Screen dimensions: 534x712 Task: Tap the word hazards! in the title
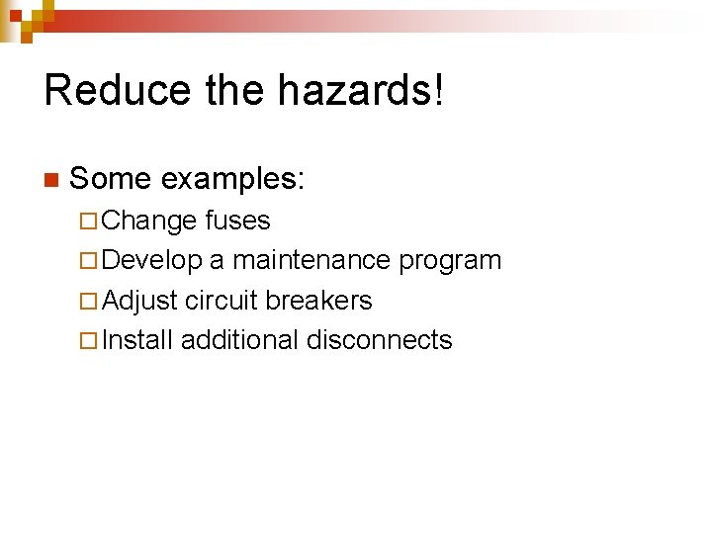click(361, 90)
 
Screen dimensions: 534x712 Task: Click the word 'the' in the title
click(235, 90)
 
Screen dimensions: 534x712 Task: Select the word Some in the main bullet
click(110, 179)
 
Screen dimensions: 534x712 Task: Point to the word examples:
click(233, 179)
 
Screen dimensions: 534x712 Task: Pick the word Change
click(149, 221)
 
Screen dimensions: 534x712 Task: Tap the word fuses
click(237, 221)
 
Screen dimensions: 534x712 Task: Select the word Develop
click(152, 260)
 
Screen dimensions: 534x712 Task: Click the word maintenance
click(311, 260)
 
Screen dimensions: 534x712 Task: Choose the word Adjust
click(139, 301)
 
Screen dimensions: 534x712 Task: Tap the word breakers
click(318, 300)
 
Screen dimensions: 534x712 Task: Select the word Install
click(137, 340)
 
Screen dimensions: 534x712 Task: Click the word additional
click(239, 340)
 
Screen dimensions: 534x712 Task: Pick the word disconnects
click(379, 340)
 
